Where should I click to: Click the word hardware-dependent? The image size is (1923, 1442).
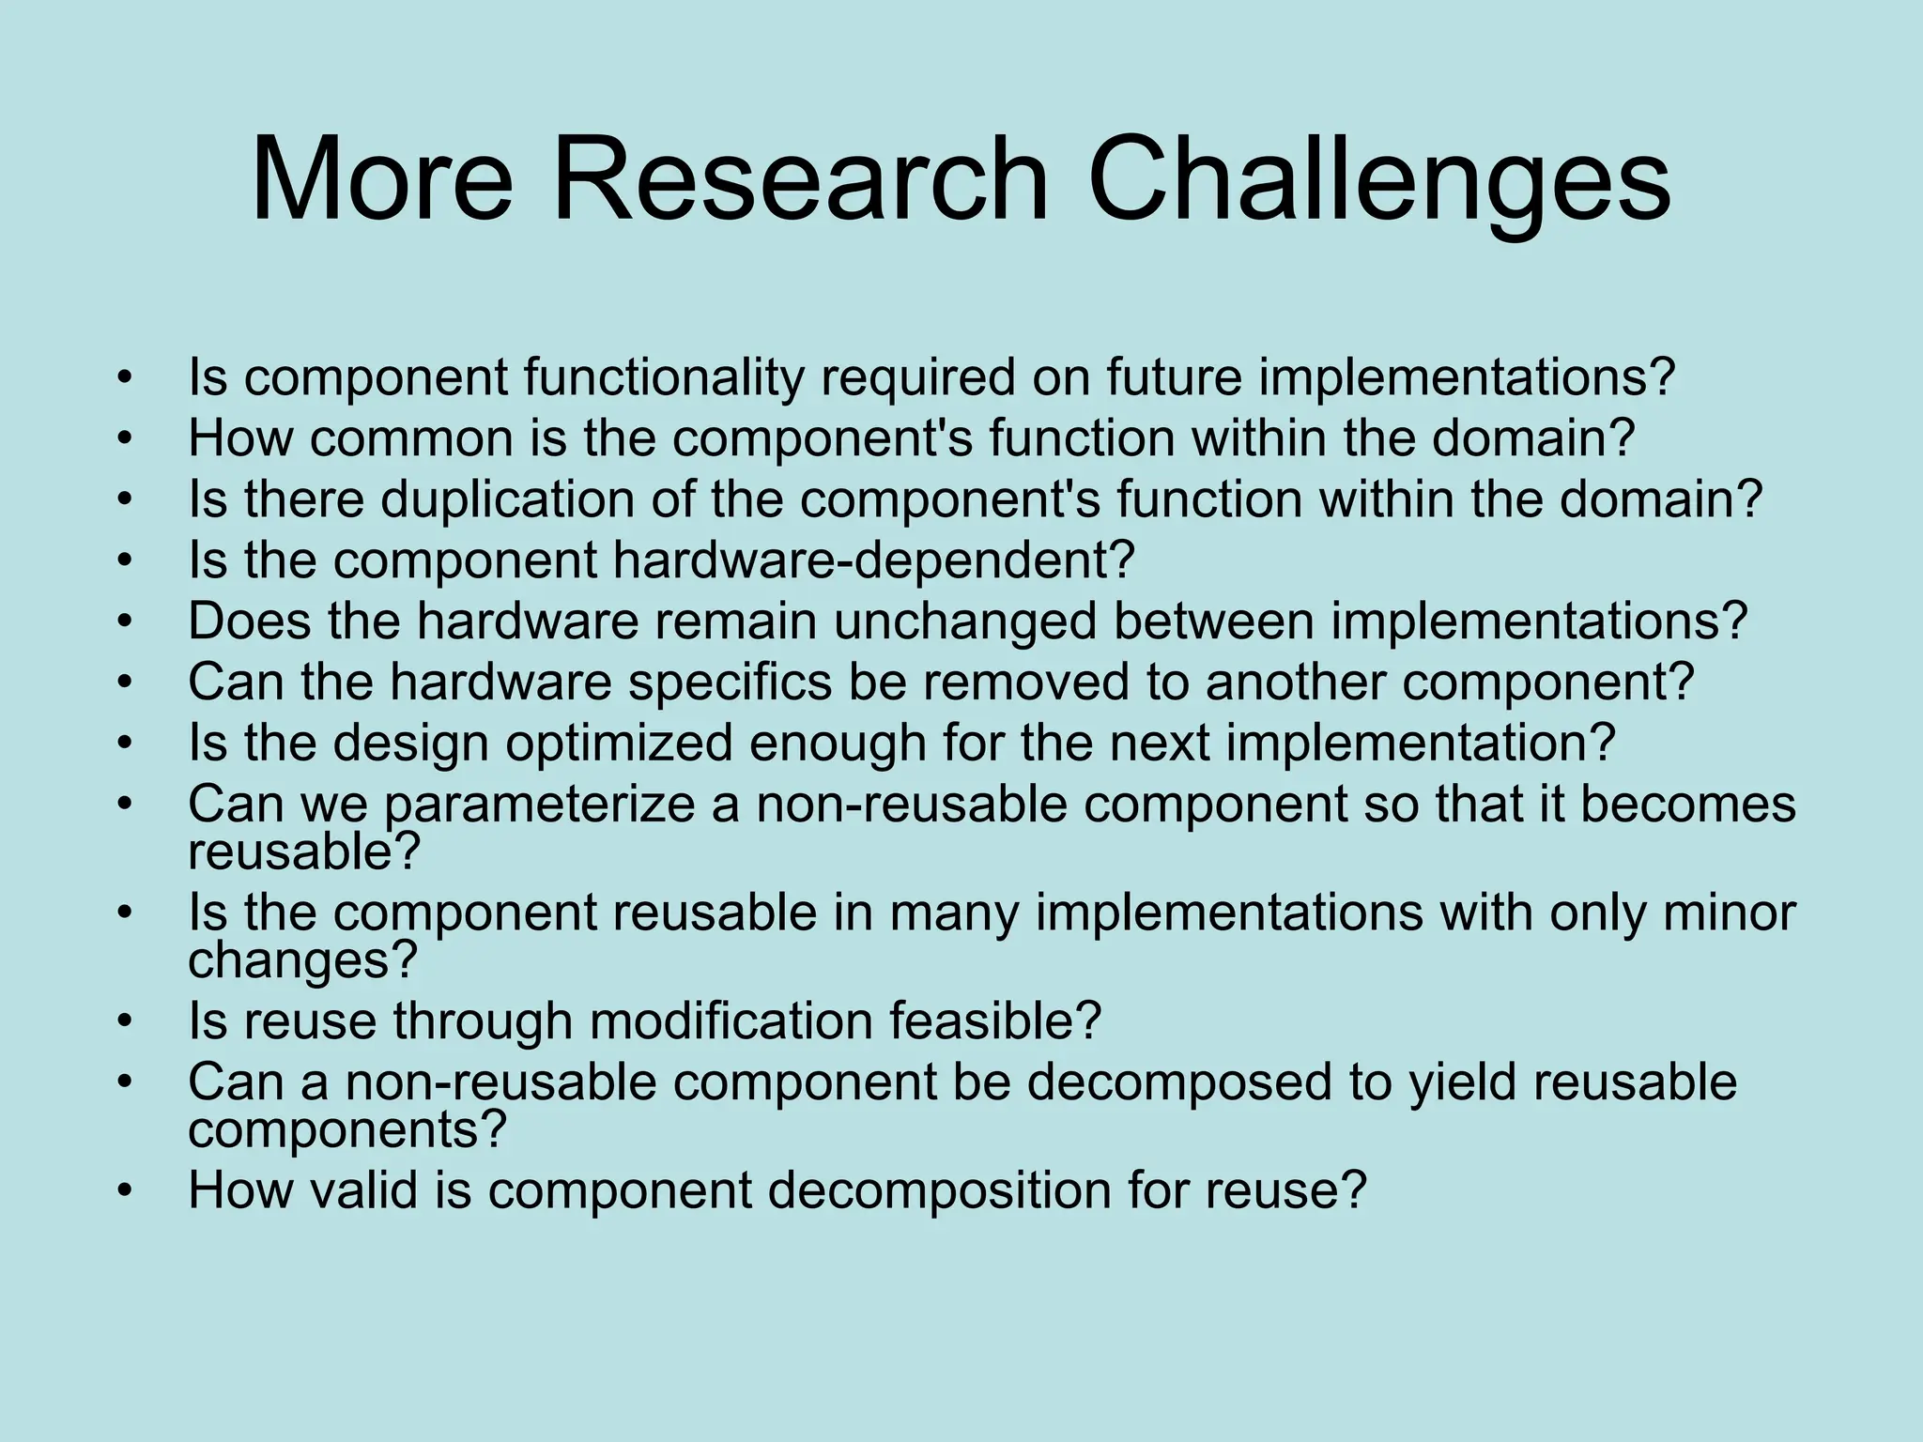pos(873,560)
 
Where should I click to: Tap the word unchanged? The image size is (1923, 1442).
pos(964,621)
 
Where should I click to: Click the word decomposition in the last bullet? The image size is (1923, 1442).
pos(939,1189)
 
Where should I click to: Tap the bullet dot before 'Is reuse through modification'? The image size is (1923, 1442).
pos(125,1021)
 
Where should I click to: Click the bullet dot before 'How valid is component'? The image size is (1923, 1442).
pos(125,1190)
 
